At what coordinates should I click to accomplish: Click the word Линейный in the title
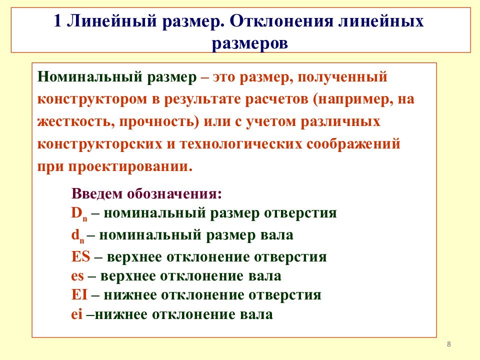pyautogui.click(x=111, y=21)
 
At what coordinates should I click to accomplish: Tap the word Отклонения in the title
pyautogui.click(x=281, y=21)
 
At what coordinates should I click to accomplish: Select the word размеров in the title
pyautogui.click(x=250, y=43)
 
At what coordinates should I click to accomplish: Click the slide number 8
pyautogui.click(x=449, y=344)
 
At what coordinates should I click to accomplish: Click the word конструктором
pyautogui.click(x=92, y=99)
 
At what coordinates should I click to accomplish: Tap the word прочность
pyautogui.click(x=157, y=122)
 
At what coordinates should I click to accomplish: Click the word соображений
pyautogui.click(x=353, y=144)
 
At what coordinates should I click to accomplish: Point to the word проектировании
pyautogui.click(x=130, y=167)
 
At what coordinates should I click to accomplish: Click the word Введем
pyautogui.click(x=96, y=193)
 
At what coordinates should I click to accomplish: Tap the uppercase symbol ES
pyautogui.click(x=81, y=256)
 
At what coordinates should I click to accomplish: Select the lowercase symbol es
pyautogui.click(x=77, y=276)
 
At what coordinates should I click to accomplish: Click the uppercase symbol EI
pyautogui.click(x=79, y=295)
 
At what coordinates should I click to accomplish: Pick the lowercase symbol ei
pyautogui.click(x=77, y=314)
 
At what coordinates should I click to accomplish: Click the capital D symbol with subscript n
pyautogui.click(x=79, y=213)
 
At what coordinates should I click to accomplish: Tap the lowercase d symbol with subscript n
pyautogui.click(x=78, y=235)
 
